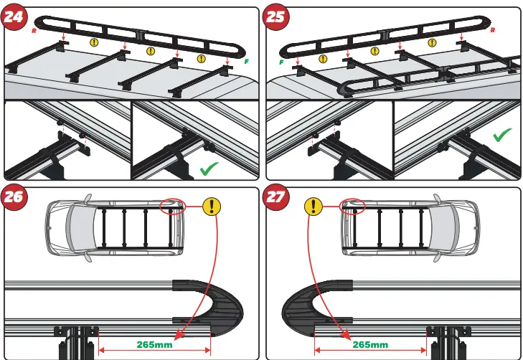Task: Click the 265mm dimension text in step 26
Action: pyautogui.click(x=154, y=345)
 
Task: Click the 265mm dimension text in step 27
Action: pyautogui.click(x=371, y=345)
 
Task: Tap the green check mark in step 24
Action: pyautogui.click(x=209, y=170)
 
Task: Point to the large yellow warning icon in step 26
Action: pyautogui.click(x=211, y=207)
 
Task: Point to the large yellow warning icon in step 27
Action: pyautogui.click(x=314, y=207)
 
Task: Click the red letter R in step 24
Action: pyautogui.click(x=34, y=32)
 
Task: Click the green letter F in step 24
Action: pyautogui.click(x=246, y=62)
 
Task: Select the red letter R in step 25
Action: pyautogui.click(x=492, y=30)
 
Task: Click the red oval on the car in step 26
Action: pyautogui.click(x=173, y=207)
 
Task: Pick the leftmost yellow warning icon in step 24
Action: pyautogui.click(x=94, y=42)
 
